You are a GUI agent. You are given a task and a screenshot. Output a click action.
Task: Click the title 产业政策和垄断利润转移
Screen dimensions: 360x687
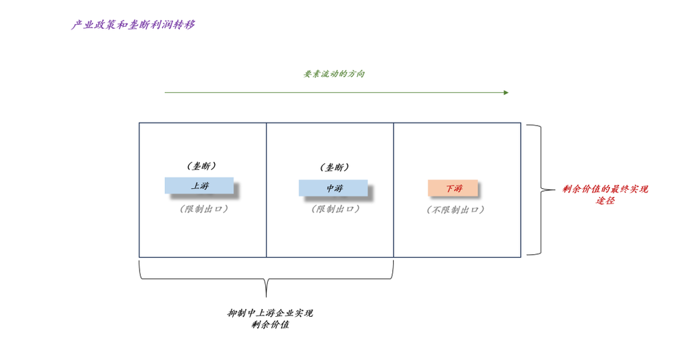[133, 25]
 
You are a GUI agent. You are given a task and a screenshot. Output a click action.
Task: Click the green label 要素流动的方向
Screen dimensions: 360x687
[335, 74]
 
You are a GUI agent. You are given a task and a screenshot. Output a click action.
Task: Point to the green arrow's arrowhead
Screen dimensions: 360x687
[506, 93]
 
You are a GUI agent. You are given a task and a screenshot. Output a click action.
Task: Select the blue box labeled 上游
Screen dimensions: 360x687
[199, 185]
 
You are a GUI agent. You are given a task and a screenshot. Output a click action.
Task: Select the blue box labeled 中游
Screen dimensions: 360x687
[333, 188]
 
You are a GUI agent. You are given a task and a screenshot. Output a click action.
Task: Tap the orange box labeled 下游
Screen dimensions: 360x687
[453, 188]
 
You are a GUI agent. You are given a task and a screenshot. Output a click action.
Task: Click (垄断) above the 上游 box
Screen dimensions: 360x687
[202, 166]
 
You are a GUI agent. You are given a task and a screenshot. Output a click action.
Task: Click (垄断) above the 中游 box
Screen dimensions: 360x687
[335, 167]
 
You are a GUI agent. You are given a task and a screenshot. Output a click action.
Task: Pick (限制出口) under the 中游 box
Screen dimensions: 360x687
[335, 209]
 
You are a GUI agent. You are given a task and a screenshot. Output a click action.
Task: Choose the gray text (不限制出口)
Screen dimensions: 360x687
[455, 210]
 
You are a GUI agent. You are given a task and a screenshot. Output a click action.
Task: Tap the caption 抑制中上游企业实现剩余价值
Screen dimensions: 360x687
[271, 318]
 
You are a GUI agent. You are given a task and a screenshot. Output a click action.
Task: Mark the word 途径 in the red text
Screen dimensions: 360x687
[605, 201]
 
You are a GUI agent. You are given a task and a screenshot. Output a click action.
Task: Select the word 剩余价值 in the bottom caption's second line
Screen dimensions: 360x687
[271, 324]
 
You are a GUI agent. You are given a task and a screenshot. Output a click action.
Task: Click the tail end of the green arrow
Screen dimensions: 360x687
[166, 93]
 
